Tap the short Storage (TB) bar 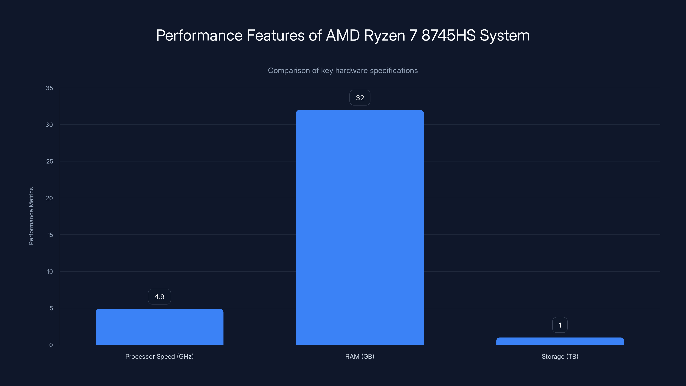click(x=560, y=341)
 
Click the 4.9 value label click(x=159, y=297)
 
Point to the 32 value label click(x=360, y=98)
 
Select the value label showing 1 click(x=560, y=325)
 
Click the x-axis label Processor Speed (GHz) click(x=159, y=356)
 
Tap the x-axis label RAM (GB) click(x=360, y=356)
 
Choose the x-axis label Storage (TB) click(x=560, y=356)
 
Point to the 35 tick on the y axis click(x=49, y=88)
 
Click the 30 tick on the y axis click(x=49, y=125)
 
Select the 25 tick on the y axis click(x=50, y=161)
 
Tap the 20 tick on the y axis click(x=49, y=198)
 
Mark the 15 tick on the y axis click(x=50, y=235)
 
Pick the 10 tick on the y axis click(x=50, y=271)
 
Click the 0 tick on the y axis click(x=51, y=345)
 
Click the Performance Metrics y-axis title click(x=31, y=216)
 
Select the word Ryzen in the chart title click(x=384, y=35)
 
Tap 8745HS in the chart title click(x=448, y=35)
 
